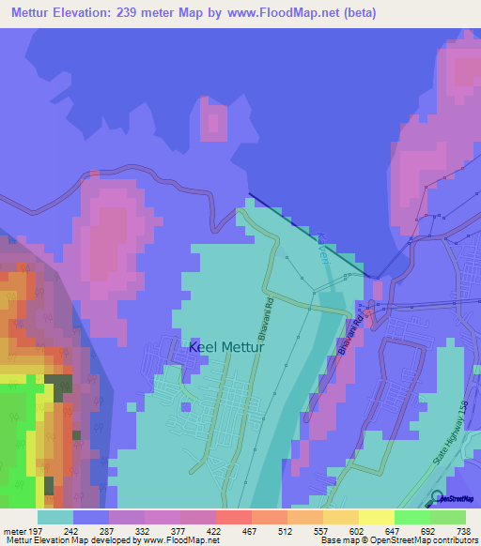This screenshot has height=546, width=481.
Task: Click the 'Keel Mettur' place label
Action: pos(227,346)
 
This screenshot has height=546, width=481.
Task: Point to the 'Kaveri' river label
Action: pos(322,249)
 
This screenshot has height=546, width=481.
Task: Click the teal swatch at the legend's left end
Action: pos(55,517)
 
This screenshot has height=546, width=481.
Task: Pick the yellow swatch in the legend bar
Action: pos(376,517)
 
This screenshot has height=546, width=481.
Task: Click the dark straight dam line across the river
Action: pos(310,234)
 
